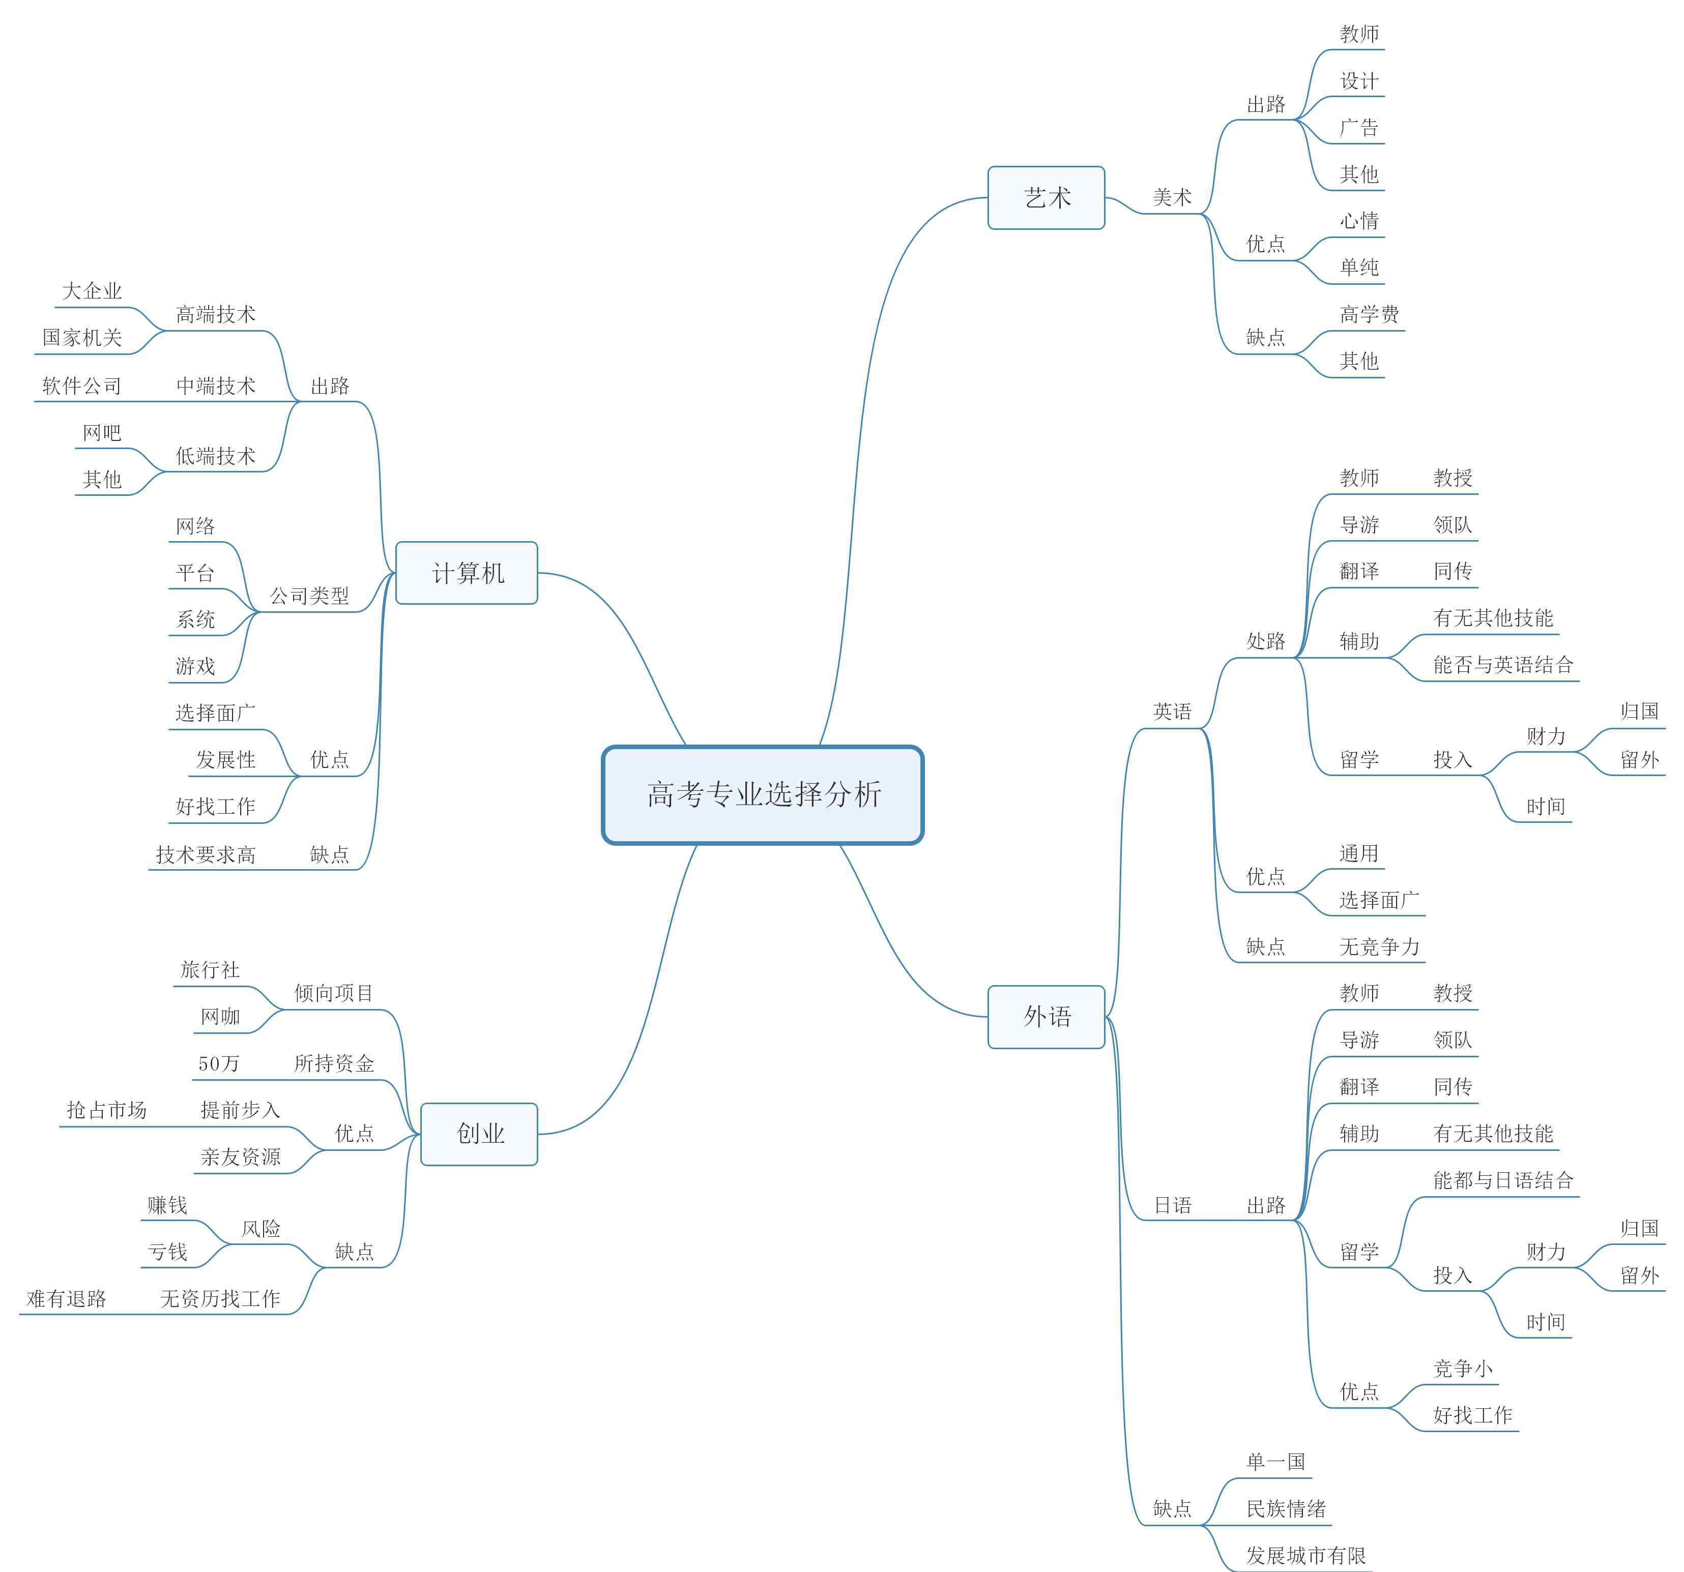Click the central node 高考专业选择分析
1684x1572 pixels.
762,794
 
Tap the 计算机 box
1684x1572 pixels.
467,573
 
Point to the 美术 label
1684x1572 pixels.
1172,197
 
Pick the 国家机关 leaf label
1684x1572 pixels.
82,338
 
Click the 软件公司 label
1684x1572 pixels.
82,386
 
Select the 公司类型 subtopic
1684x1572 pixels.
309,596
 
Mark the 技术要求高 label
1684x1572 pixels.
206,854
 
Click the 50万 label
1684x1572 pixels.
219,1064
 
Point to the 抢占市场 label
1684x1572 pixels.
107,1110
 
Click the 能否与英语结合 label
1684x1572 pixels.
1503,665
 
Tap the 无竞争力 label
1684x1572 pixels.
1380,947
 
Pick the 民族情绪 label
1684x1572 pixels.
1286,1508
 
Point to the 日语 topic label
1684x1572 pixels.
1172,1205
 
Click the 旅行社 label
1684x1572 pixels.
210,970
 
